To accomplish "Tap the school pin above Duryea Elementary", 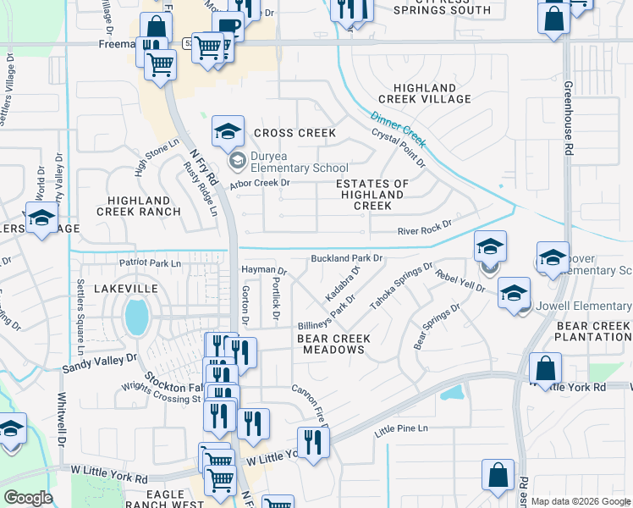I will pos(228,132).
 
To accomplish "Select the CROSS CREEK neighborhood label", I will pos(294,133).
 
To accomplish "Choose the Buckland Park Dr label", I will pos(347,257).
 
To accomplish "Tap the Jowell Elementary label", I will pos(583,306).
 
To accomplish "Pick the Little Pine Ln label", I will pos(401,429).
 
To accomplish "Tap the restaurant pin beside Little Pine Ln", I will pos(312,442).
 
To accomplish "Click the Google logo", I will pos(28,498).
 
